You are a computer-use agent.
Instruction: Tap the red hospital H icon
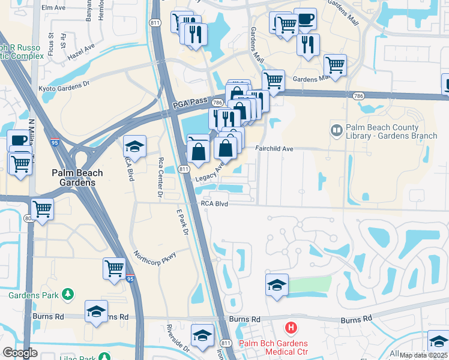pos(291,328)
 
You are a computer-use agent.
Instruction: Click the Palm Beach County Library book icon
pos(336,130)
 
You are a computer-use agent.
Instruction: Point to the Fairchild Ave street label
pos(274,149)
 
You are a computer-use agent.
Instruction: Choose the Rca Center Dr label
pos(160,178)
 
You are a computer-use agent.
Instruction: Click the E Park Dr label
pos(182,222)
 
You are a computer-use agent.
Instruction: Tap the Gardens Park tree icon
pos(69,294)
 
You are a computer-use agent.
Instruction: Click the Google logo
pos(20,353)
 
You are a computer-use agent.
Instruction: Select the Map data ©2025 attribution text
pos(423,355)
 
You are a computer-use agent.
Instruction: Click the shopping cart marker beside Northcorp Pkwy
pos(114,268)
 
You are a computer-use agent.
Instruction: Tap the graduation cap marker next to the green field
pos(277,285)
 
